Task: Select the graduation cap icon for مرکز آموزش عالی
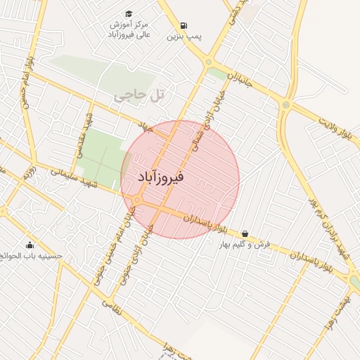129,14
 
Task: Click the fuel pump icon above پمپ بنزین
184,25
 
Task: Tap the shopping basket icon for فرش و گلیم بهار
245,233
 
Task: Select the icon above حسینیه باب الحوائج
30,245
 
